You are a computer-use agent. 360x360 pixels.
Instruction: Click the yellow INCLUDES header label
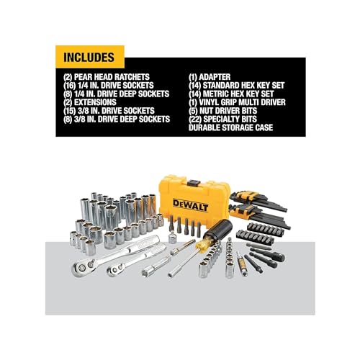coord(90,55)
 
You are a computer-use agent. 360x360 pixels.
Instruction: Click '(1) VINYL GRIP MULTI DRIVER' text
coord(241,102)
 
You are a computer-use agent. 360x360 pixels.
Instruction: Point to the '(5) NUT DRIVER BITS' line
coord(225,110)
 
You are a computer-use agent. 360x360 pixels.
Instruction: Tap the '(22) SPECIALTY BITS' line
coord(225,119)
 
